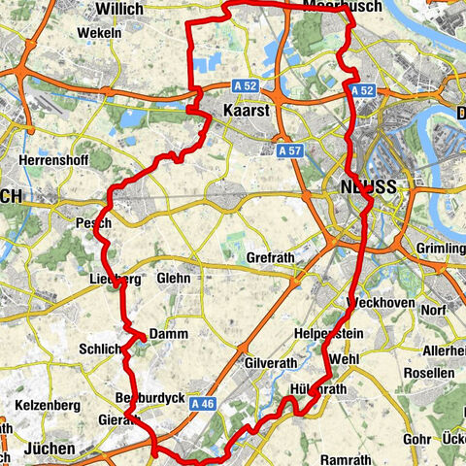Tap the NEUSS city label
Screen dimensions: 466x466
368,189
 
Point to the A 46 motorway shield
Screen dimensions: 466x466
201,403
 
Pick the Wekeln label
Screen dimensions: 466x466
101,31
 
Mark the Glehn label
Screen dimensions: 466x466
173,278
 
